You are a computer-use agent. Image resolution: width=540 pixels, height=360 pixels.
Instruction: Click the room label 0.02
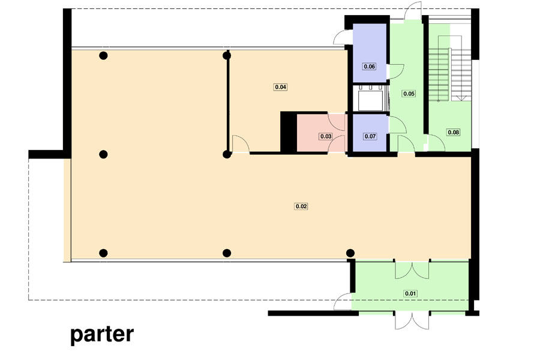[x=301, y=206]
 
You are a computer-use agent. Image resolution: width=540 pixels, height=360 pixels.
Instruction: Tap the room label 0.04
[x=281, y=87]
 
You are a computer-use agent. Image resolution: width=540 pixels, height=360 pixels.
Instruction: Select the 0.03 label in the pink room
[x=326, y=136]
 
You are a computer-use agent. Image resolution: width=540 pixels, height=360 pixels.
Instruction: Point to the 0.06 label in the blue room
[x=369, y=66]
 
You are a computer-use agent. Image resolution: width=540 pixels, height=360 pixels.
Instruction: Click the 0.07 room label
[x=370, y=136]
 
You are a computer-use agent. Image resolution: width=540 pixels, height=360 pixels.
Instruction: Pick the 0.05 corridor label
[x=409, y=94]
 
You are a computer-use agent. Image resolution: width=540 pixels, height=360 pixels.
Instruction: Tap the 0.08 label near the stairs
[x=453, y=132]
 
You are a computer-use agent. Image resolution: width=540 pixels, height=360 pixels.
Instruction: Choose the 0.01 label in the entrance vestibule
[x=410, y=293]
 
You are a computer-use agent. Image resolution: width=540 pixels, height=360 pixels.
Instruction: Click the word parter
[x=102, y=335]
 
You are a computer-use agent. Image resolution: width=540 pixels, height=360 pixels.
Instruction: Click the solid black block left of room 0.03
[x=289, y=131]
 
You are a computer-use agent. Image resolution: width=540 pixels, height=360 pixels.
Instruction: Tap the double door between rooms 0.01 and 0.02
[x=412, y=269]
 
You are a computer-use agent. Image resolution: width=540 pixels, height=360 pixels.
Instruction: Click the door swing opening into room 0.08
[x=436, y=143]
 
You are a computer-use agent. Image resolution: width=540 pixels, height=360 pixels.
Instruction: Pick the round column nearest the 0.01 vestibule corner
[x=350, y=253]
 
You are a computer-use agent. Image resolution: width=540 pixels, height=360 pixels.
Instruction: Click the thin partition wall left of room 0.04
[x=227, y=103]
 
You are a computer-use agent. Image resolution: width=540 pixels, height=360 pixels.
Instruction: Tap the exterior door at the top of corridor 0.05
[x=413, y=10]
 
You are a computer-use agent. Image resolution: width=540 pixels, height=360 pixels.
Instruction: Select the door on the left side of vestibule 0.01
[x=343, y=301]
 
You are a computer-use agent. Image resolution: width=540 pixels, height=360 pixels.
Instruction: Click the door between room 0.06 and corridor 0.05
[x=396, y=71]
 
